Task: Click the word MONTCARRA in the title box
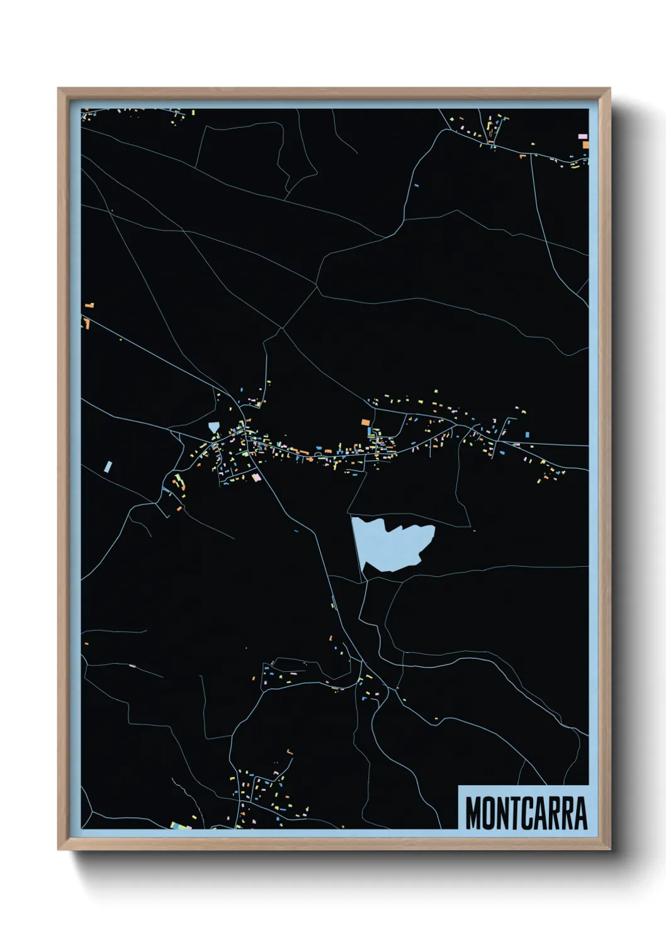click(526, 813)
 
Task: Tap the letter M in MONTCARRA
click(473, 813)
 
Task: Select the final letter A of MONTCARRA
click(580, 813)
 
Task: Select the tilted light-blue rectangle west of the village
click(108, 467)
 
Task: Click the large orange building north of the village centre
click(365, 422)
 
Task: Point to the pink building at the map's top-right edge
click(582, 136)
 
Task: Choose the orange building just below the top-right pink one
click(585, 145)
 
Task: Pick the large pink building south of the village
click(256, 477)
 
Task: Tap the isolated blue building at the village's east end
click(528, 435)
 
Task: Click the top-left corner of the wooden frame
click(59, 89)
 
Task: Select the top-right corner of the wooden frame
click(609, 89)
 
